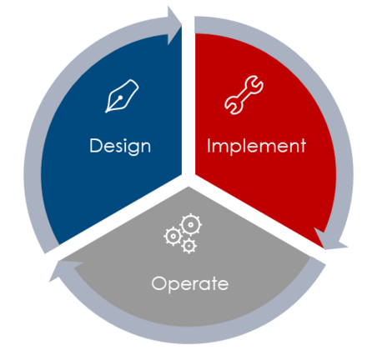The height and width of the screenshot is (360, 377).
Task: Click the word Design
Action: (x=120, y=147)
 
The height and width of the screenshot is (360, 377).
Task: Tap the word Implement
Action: (x=256, y=146)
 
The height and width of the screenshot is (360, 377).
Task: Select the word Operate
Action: (x=190, y=284)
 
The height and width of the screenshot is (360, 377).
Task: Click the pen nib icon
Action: (x=122, y=96)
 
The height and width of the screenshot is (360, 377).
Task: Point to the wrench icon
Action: (x=244, y=95)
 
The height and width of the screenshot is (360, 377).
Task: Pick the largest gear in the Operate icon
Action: (x=191, y=224)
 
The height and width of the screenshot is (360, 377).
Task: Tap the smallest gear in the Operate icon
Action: (x=189, y=246)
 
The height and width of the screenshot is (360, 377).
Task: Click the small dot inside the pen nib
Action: (x=120, y=97)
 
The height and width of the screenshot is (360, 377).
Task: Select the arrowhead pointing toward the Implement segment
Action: (x=174, y=25)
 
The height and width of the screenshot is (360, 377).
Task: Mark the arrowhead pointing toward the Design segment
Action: (x=64, y=270)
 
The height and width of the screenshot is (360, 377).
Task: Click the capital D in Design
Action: (x=95, y=145)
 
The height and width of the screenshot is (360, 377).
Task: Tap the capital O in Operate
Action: (x=159, y=283)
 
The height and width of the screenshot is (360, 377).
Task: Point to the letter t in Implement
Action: (x=303, y=146)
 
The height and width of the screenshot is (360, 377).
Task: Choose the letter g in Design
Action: (x=132, y=148)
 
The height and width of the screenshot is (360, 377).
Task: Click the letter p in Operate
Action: (x=174, y=286)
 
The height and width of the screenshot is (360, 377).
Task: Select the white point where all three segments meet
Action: (x=188, y=180)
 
